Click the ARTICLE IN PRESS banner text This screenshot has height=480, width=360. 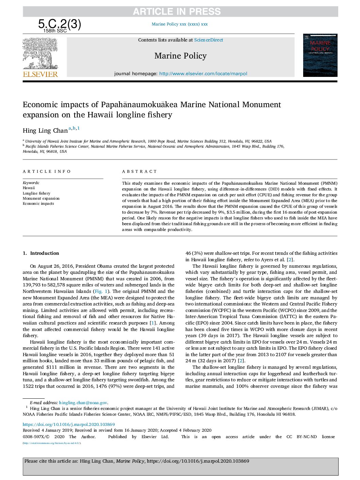point(177,12)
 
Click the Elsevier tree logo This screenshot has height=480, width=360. point(40,53)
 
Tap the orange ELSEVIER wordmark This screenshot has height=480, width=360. point(40,74)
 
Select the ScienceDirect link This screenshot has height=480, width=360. point(209,40)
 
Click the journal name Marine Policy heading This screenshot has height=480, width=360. point(180,56)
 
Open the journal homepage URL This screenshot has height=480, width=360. point(203,73)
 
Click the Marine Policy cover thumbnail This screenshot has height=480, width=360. point(320,55)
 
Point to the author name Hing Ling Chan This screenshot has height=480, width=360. point(45,131)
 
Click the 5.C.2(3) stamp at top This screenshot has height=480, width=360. point(60,24)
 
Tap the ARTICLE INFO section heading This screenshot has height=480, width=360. point(47,171)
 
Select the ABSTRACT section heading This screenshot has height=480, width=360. point(140,171)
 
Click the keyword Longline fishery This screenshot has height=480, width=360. point(36,193)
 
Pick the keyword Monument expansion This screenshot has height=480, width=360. point(41,198)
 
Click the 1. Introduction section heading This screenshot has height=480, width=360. point(41,253)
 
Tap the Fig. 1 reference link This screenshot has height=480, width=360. point(101,291)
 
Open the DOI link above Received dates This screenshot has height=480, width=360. point(69,424)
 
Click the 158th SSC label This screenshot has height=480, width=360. point(55,31)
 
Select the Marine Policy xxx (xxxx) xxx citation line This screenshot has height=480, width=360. point(180,24)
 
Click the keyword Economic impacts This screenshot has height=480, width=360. point(38,203)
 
